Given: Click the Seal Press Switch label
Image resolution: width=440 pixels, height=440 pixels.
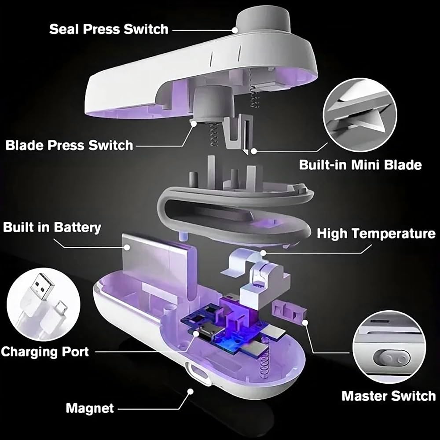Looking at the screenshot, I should click(108, 29).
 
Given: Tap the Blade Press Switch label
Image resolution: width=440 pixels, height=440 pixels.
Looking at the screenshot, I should click(69, 145).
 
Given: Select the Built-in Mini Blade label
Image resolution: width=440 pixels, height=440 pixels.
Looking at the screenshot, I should click(360, 165).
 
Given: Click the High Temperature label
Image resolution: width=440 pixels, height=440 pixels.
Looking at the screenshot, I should click(376, 233).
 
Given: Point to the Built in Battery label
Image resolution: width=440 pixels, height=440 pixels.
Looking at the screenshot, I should click(52, 227).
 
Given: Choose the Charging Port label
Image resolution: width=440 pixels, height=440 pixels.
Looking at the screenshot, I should click(44, 352).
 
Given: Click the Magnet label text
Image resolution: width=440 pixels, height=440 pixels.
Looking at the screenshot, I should click(90, 408).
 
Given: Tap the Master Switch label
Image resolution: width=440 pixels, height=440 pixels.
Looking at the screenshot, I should click(388, 396).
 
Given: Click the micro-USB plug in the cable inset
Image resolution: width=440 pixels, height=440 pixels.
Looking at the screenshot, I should click(62, 310).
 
